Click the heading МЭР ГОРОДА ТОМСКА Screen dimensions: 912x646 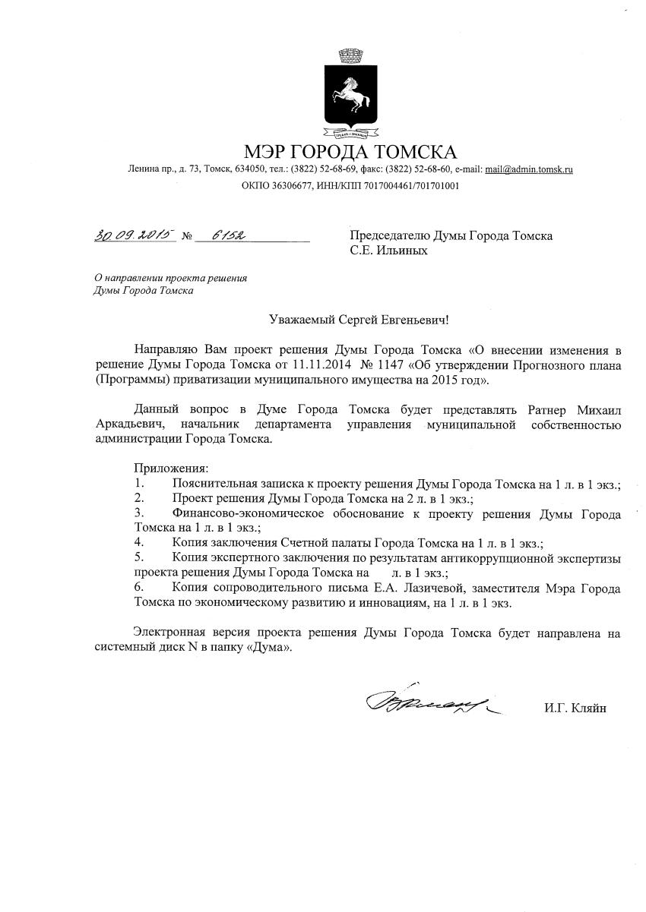[350, 151]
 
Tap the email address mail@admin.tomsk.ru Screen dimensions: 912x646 [529, 169]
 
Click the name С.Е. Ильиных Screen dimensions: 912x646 [388, 251]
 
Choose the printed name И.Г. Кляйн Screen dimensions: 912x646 [575, 708]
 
